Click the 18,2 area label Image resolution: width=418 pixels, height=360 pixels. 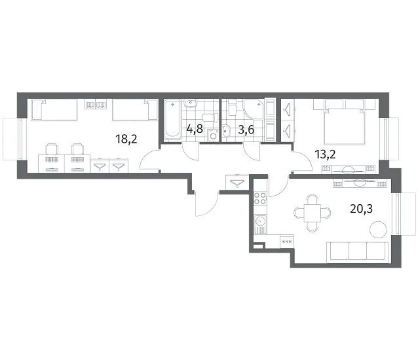tap(126, 139)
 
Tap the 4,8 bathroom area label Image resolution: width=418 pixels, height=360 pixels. tap(195, 129)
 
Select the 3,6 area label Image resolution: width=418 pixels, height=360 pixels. tap(246, 130)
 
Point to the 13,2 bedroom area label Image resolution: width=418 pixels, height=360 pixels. tap(325, 154)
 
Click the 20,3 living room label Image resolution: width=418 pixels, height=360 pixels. tap(361, 209)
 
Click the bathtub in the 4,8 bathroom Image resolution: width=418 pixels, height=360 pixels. tap(172, 119)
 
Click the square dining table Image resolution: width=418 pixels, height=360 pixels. tap(312, 213)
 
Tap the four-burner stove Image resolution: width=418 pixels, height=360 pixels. tap(260, 198)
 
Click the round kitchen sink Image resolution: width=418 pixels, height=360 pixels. tap(259, 221)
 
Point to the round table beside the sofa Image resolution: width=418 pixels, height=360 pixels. tap(378, 229)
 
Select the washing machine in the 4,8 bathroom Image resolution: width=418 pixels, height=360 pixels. tap(213, 135)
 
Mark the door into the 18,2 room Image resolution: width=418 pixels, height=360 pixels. tap(149, 160)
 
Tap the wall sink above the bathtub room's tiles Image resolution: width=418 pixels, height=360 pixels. tap(191, 103)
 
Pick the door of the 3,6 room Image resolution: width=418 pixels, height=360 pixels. tap(252, 151)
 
